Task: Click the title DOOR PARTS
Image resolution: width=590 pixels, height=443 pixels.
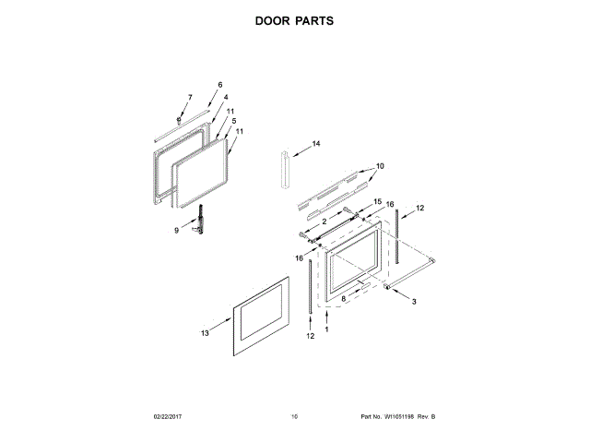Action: click(x=294, y=19)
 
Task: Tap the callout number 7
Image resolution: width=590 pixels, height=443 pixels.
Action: click(x=190, y=97)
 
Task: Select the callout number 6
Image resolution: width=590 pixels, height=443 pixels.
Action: click(x=220, y=85)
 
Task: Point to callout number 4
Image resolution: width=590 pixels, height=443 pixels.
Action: click(x=225, y=98)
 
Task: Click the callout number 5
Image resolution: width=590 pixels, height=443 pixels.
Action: click(x=233, y=121)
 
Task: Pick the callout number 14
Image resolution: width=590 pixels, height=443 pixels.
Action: click(x=315, y=144)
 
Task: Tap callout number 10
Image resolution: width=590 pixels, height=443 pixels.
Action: click(x=379, y=167)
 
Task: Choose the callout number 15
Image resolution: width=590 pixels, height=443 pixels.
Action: click(x=376, y=201)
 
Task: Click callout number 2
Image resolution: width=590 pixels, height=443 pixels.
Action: click(x=324, y=222)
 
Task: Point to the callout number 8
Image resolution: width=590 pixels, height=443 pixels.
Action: click(x=343, y=299)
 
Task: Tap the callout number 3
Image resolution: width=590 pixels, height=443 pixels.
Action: click(x=414, y=302)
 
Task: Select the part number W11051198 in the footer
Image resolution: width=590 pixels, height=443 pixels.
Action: click(x=398, y=418)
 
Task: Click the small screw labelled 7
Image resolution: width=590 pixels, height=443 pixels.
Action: click(x=178, y=119)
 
